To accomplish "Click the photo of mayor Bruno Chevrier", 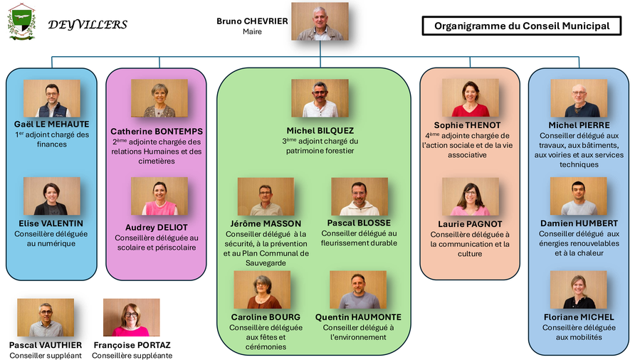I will point(320,21).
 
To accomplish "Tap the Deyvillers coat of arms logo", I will point(21,21).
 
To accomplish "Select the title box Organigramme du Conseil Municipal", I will point(522,26).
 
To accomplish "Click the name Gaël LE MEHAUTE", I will point(52,124).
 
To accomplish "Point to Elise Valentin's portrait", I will point(52,196).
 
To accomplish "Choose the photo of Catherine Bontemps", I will point(159,98).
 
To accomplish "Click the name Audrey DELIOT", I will point(157,228).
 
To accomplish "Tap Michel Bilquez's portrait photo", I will point(320,98).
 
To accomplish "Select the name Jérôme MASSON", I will point(266,223).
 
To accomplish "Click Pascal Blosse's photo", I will point(360,196).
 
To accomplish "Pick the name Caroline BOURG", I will point(266,317).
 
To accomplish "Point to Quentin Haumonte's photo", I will point(358,290).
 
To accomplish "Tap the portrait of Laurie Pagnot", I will point(471,196).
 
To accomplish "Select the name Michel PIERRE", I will point(579,126).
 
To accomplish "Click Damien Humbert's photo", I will point(579,196).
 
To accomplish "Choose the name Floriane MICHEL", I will point(579,317).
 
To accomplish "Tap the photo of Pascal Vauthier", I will point(46,317).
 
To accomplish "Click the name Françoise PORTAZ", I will point(132,346).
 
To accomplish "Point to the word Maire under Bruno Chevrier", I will point(252,32).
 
